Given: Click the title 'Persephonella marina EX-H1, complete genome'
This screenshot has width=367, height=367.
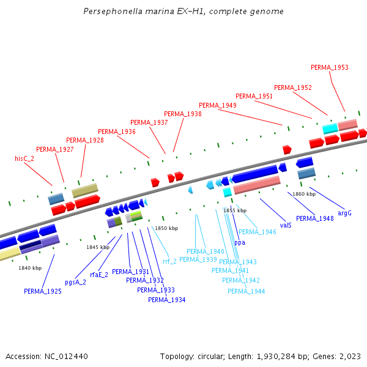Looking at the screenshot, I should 183,12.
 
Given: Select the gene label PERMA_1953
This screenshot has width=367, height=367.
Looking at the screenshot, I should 330,67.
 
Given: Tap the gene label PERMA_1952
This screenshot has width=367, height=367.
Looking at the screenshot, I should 293,87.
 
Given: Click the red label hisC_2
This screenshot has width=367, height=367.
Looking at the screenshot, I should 24,158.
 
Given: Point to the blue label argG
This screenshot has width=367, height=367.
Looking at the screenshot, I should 344,213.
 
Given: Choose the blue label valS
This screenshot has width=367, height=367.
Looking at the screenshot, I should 286,225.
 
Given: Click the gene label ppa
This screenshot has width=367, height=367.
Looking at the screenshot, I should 240,242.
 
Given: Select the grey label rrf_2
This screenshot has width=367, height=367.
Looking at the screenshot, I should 169,261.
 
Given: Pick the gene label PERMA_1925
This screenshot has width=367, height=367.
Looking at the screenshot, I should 43,291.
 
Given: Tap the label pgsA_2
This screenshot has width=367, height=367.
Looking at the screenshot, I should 75,282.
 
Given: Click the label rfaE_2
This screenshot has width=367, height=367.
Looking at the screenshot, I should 99,275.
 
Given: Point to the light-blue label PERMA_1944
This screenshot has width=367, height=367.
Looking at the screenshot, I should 247,291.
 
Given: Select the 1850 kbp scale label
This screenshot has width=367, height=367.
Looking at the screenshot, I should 166,228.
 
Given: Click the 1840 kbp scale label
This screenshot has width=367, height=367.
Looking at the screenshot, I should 30,268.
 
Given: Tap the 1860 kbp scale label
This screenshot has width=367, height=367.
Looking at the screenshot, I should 304,194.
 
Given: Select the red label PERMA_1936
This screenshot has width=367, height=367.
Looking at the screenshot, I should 117,132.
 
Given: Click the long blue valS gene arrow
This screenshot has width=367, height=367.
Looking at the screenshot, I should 254,174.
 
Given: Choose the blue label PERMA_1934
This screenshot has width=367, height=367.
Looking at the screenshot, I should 166,300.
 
